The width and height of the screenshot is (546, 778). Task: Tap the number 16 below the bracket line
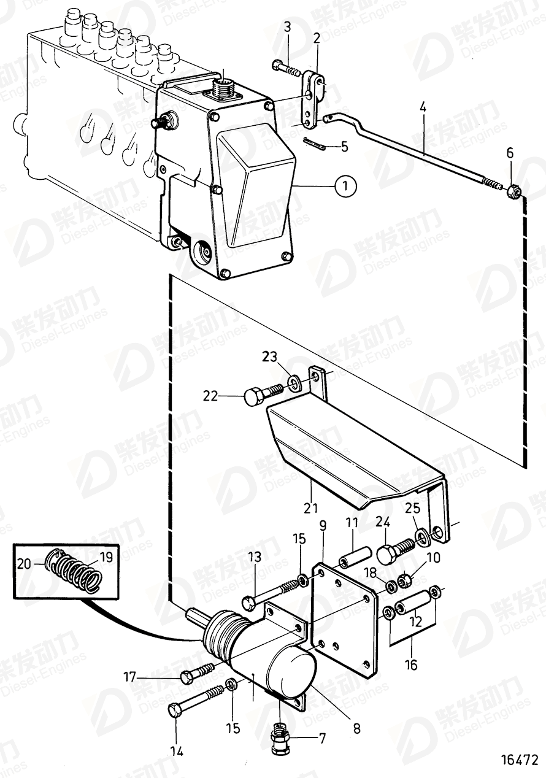pyautogui.click(x=410, y=664)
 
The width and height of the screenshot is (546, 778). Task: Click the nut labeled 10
pyautogui.click(x=406, y=578)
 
